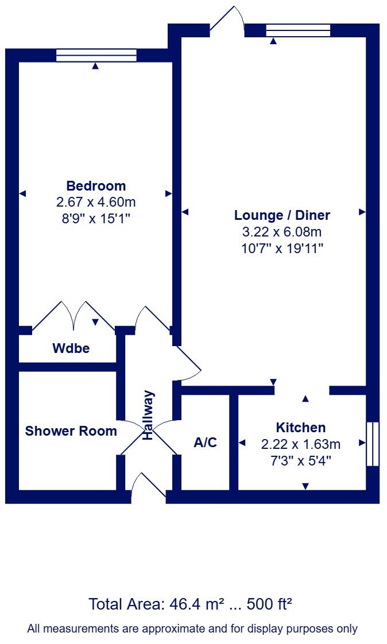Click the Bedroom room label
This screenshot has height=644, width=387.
click(x=96, y=186)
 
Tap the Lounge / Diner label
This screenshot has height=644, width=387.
click(x=282, y=215)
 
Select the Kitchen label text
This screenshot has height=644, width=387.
click(x=300, y=428)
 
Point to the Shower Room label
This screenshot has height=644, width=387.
click(x=71, y=431)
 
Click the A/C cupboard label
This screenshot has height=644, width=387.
click(x=206, y=443)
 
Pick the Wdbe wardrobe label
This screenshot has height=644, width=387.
click(x=71, y=348)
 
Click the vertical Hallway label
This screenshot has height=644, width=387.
click(x=149, y=415)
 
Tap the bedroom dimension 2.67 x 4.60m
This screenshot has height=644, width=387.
click(x=96, y=202)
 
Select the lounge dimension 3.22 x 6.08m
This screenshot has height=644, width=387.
click(x=282, y=232)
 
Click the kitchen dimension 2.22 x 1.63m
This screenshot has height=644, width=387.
click(x=300, y=444)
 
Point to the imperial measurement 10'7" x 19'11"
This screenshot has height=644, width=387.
click(x=282, y=249)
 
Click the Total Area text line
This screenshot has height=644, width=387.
click(x=191, y=604)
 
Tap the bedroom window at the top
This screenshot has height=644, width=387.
click(x=96, y=55)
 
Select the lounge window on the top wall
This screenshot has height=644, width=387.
click(x=298, y=30)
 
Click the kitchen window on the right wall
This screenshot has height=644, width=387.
click(x=372, y=444)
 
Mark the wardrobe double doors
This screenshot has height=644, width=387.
click(x=73, y=316)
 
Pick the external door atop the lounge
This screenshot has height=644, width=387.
click(x=227, y=20)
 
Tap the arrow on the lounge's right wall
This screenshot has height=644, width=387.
click(x=362, y=212)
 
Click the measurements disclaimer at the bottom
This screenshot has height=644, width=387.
click(x=192, y=629)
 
